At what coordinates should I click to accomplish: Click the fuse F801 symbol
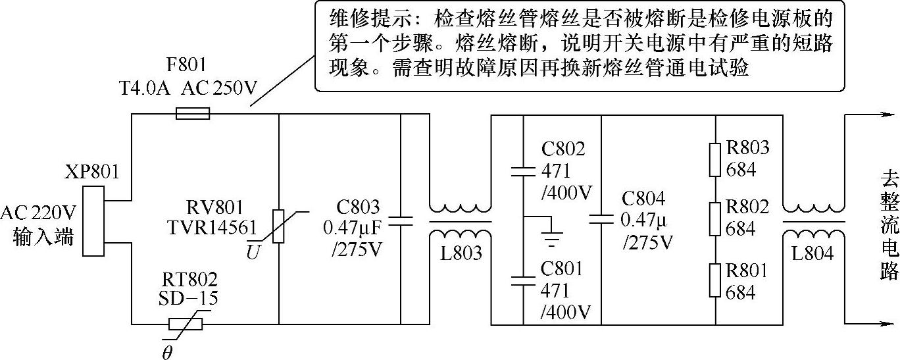click(x=193, y=114)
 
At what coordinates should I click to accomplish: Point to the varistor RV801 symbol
click(x=278, y=217)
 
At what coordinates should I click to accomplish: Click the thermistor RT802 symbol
click(x=186, y=324)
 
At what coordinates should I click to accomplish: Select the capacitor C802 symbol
click(x=524, y=172)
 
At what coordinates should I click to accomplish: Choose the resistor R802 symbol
click(x=715, y=219)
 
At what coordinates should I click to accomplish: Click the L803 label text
click(x=460, y=253)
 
